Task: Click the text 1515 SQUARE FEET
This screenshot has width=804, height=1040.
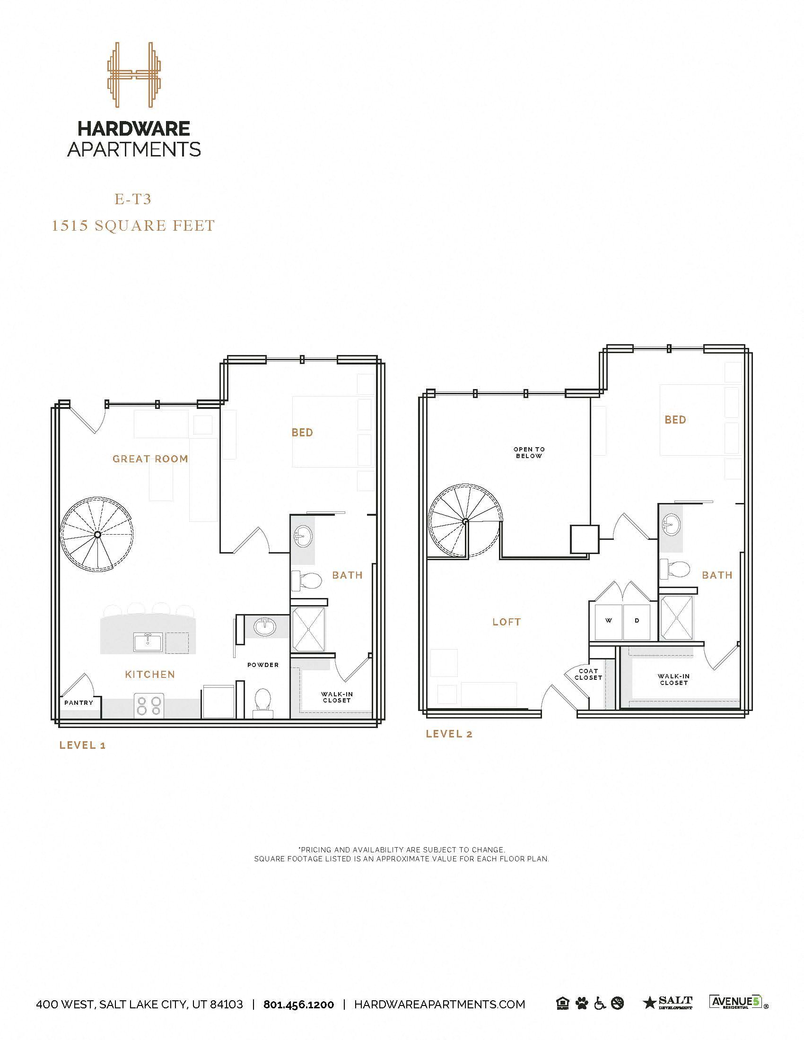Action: click(x=133, y=225)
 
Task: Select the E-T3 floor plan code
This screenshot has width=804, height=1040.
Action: click(x=133, y=199)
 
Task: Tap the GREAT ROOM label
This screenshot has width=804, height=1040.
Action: click(x=150, y=459)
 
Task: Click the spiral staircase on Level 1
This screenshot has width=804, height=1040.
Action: click(x=97, y=534)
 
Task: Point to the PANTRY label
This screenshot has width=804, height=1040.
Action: click(x=79, y=702)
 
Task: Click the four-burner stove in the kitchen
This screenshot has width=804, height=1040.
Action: click(x=149, y=706)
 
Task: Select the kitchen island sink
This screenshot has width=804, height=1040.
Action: click(x=148, y=642)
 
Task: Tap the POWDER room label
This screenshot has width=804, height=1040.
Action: click(x=263, y=665)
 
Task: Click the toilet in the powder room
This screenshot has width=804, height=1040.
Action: click(x=262, y=702)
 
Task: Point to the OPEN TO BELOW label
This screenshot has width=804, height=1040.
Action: click(x=529, y=452)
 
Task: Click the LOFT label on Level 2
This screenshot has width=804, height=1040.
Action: click(x=507, y=622)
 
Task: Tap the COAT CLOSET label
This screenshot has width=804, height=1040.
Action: click(x=588, y=674)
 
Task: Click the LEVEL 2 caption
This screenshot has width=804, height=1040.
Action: click(x=449, y=734)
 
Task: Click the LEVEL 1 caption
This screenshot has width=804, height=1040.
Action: click(x=82, y=745)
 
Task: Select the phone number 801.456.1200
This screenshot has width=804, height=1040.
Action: click(x=298, y=1004)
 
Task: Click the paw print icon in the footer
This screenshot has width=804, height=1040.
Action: click(x=582, y=1004)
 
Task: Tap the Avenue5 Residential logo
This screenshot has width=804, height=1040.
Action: click(x=736, y=1002)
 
